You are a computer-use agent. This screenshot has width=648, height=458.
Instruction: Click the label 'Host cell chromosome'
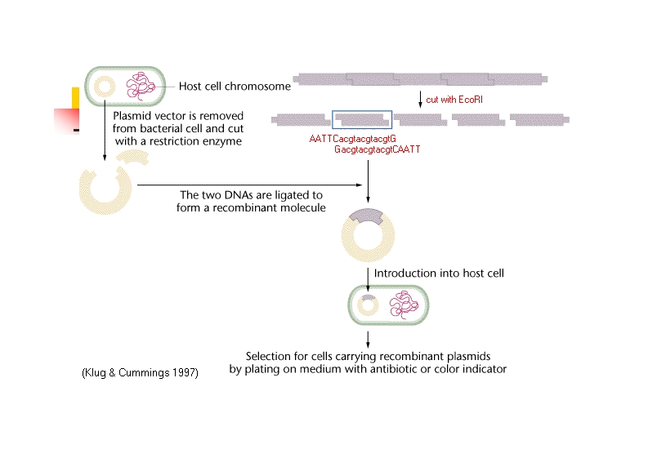[235, 87]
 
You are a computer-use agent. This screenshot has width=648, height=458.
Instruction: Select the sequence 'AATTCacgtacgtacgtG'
[352, 139]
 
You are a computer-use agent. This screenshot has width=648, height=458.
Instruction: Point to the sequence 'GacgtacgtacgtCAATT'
[377, 150]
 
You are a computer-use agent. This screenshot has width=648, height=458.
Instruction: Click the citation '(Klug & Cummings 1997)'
[140, 372]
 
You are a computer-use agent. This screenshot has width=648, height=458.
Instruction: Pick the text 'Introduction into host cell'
[439, 273]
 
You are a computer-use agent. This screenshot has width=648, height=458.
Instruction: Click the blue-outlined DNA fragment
[362, 119]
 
